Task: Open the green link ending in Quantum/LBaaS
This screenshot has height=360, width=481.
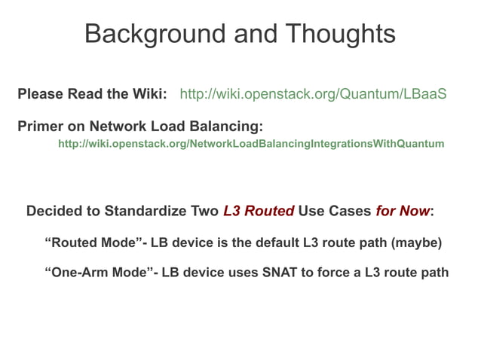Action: [313, 95]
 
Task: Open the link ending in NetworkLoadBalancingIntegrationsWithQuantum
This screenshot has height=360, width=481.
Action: [251, 143]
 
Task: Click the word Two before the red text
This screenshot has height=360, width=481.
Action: [205, 211]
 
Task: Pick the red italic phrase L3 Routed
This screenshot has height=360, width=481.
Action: [259, 211]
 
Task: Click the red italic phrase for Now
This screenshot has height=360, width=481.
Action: [403, 211]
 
